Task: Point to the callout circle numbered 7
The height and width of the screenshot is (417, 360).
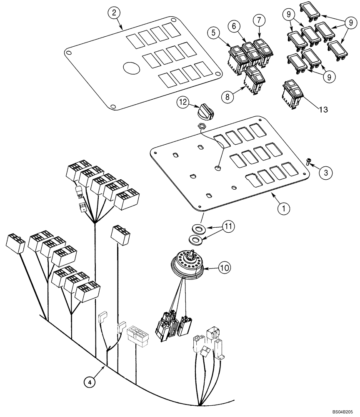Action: tap(259, 20)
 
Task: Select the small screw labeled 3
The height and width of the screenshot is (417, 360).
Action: tap(309, 162)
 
